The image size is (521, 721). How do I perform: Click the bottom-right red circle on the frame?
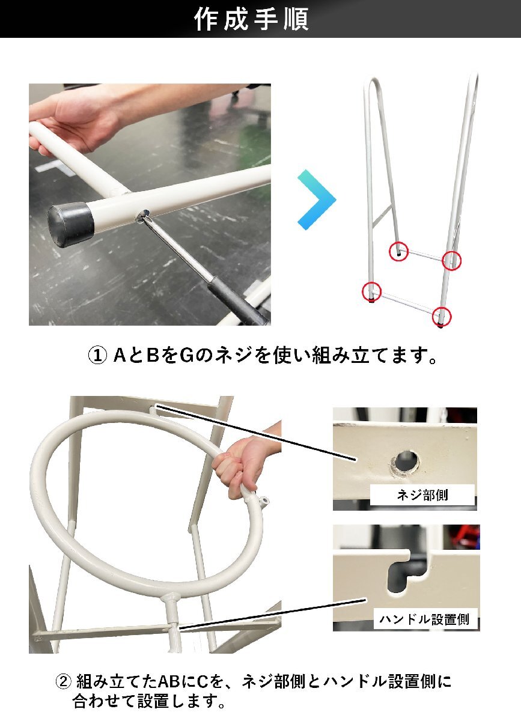pos(442,316)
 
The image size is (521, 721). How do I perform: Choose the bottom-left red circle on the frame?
pos(371,292)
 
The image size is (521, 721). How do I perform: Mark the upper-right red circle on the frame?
pos(451,260)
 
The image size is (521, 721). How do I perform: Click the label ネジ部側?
pos(422,496)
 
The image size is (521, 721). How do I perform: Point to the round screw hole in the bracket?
pos(406,461)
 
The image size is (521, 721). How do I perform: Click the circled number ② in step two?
pos(64,682)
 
